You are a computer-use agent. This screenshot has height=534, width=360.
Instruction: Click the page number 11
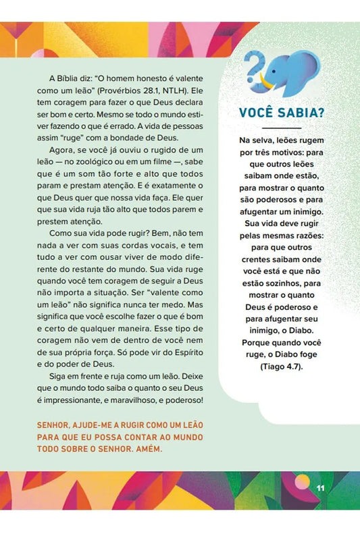pyautogui.click(x=322, y=487)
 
